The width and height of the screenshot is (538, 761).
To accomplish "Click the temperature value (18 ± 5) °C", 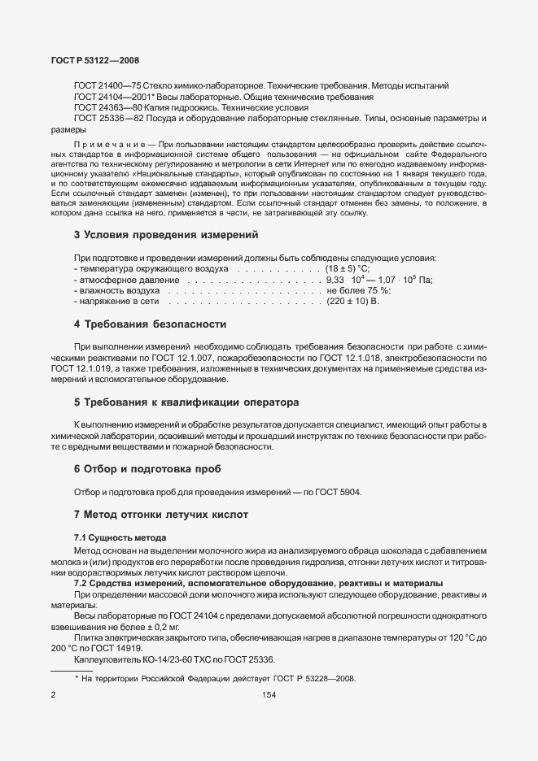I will pos(348,268).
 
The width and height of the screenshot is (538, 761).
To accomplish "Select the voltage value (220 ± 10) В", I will pos(353,302).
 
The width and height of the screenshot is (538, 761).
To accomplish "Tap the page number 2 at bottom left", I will pos(53,695).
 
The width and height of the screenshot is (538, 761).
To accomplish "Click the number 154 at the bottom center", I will pos(268,695).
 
